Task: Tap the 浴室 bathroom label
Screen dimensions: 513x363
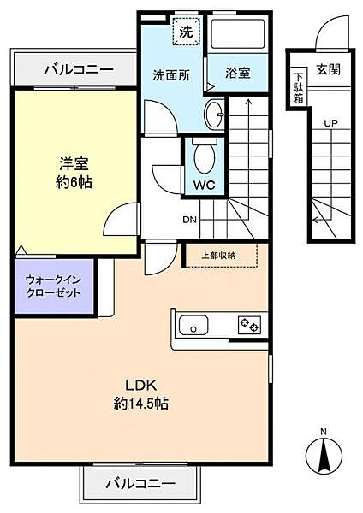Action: pyautogui.click(x=238, y=74)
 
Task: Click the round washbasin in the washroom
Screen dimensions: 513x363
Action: pyautogui.click(x=214, y=112)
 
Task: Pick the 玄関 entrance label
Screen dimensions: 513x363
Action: pyautogui.click(x=328, y=69)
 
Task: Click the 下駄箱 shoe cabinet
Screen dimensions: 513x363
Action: pyautogui.click(x=299, y=85)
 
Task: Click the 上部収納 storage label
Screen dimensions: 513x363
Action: pyautogui.click(x=218, y=255)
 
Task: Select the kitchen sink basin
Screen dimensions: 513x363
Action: pyautogui.click(x=193, y=326)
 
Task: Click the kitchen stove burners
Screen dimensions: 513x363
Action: pyautogui.click(x=250, y=324)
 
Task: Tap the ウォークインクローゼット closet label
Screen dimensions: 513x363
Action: pyautogui.click(x=53, y=286)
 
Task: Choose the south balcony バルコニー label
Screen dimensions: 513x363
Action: pyautogui.click(x=140, y=483)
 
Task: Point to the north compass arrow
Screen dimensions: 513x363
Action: pyautogui.click(x=324, y=457)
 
